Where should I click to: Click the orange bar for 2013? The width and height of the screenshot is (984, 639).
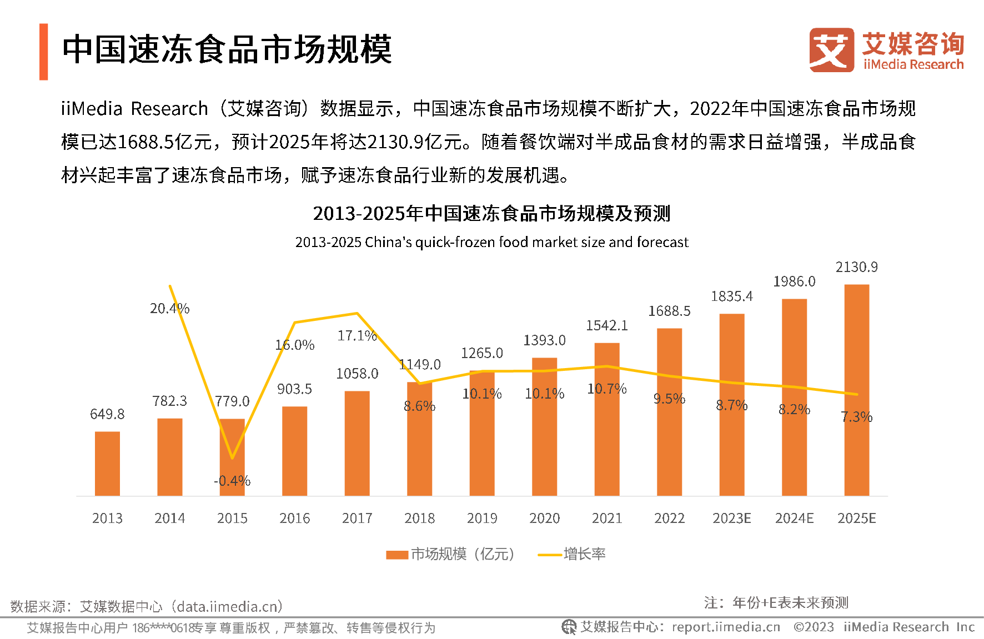point(107,464)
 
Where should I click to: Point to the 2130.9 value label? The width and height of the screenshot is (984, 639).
point(856,267)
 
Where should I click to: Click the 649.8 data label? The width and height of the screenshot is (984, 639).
point(107,414)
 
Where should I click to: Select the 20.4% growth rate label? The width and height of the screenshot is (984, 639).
point(169,309)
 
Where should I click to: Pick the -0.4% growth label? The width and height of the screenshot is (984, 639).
point(232,481)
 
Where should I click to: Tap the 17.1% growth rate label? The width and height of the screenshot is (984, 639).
point(357,336)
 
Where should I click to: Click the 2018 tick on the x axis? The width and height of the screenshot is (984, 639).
point(419,519)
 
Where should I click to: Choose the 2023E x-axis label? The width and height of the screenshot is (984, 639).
point(731,519)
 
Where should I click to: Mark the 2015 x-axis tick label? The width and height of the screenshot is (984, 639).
point(232,519)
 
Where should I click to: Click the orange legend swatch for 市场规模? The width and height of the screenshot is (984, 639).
point(397,555)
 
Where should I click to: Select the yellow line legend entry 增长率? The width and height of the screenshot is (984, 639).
point(572,554)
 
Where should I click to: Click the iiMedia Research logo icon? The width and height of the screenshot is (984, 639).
point(831,50)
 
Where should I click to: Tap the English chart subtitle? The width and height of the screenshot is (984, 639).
point(491,243)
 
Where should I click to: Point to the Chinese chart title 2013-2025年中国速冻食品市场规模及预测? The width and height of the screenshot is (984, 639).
point(491,213)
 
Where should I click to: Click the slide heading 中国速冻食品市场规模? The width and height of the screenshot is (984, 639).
point(227,49)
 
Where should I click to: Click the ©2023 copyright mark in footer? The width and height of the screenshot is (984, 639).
point(814,627)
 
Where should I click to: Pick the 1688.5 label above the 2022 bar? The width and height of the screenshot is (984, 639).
point(669,311)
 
